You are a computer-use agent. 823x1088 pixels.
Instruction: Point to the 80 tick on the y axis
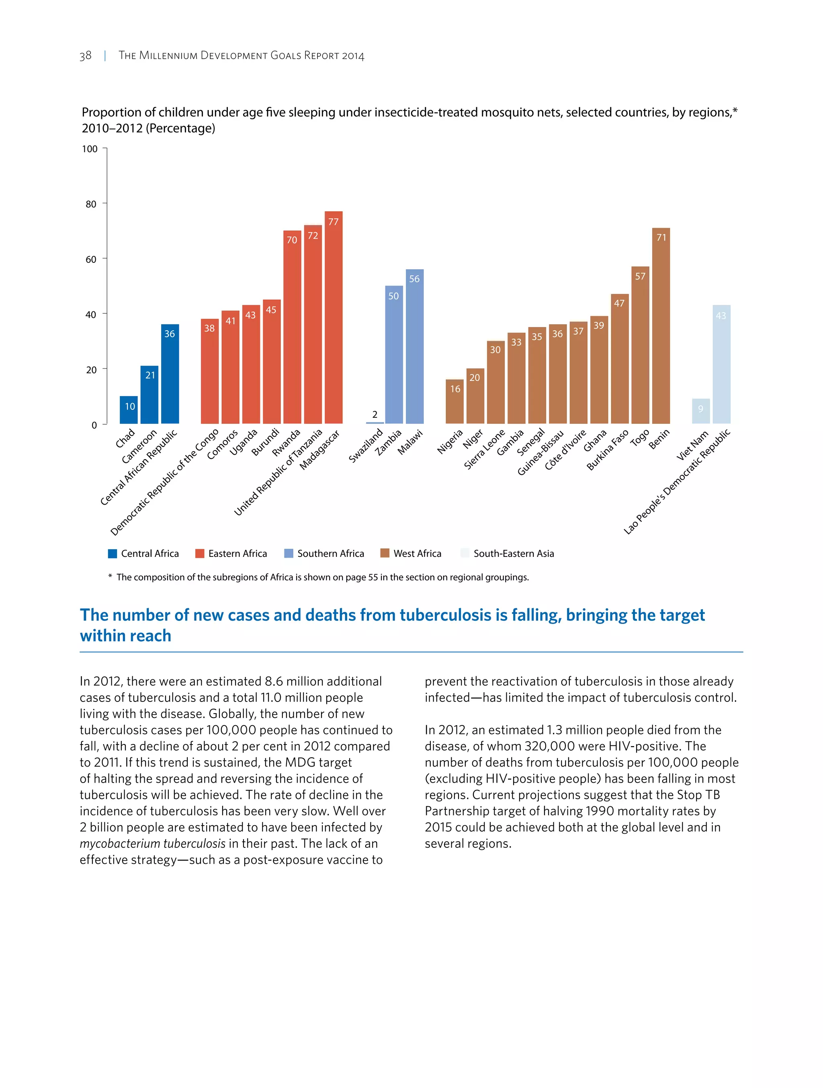click(91, 204)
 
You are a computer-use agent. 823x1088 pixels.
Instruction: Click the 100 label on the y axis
click(90, 149)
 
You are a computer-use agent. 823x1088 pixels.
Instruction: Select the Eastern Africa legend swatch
click(200, 553)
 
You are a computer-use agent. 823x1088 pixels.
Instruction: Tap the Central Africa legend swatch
click(113, 553)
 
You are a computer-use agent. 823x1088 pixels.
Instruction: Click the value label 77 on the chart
click(334, 222)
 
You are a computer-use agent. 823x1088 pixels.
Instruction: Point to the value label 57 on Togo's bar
click(640, 276)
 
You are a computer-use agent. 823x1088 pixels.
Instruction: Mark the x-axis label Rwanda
click(286, 443)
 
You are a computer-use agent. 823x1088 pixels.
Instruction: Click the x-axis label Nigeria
click(450, 441)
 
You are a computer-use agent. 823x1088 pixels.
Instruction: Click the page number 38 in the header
click(86, 55)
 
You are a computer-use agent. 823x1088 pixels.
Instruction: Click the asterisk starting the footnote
click(110, 577)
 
